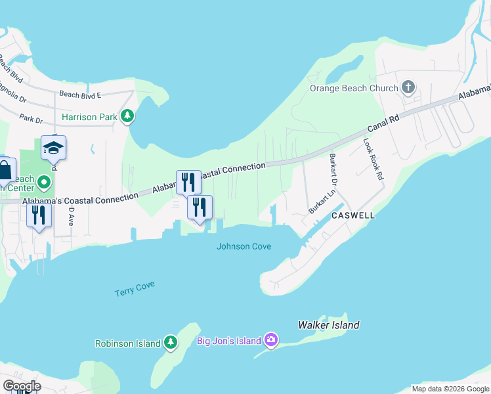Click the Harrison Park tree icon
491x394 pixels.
(x=128, y=117)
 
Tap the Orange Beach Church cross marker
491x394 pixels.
(x=408, y=87)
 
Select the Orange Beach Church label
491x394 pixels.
(x=354, y=88)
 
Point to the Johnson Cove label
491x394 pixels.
(x=244, y=246)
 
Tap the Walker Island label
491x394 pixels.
(x=329, y=325)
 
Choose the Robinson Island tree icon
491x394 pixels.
(x=171, y=342)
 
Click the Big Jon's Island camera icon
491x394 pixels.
(x=271, y=340)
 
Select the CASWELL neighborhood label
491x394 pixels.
(x=353, y=215)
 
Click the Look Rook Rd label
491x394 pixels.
(x=373, y=159)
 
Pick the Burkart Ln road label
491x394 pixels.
(x=322, y=201)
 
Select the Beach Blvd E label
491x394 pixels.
(x=80, y=95)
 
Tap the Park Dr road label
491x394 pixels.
(x=31, y=120)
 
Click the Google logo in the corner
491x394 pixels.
(x=21, y=385)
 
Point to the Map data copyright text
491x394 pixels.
(x=450, y=389)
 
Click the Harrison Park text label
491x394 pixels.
(x=89, y=118)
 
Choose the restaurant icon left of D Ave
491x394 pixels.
(x=39, y=215)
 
